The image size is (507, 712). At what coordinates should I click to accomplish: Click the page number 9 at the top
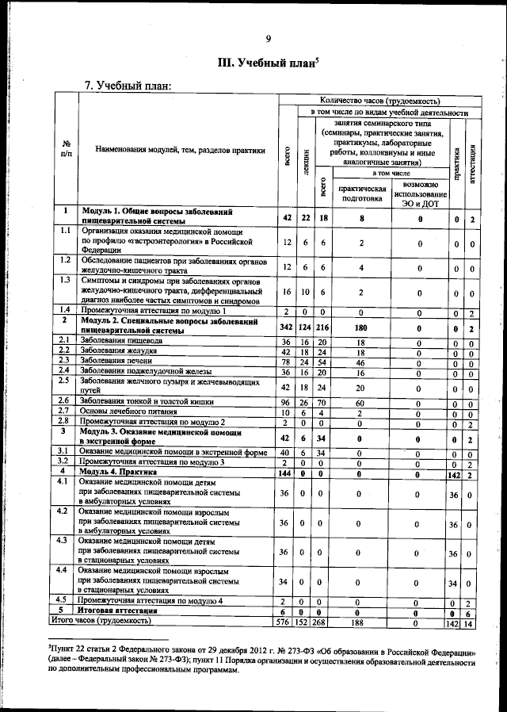pyautogui.click(x=268, y=39)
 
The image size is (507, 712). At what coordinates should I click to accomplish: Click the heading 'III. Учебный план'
pyautogui.click(x=267, y=63)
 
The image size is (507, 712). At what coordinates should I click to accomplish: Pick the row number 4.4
pyautogui.click(x=64, y=570)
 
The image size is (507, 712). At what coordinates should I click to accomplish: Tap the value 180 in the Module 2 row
pyautogui.click(x=361, y=327)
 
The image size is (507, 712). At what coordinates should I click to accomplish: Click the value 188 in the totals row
pyautogui.click(x=361, y=624)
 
